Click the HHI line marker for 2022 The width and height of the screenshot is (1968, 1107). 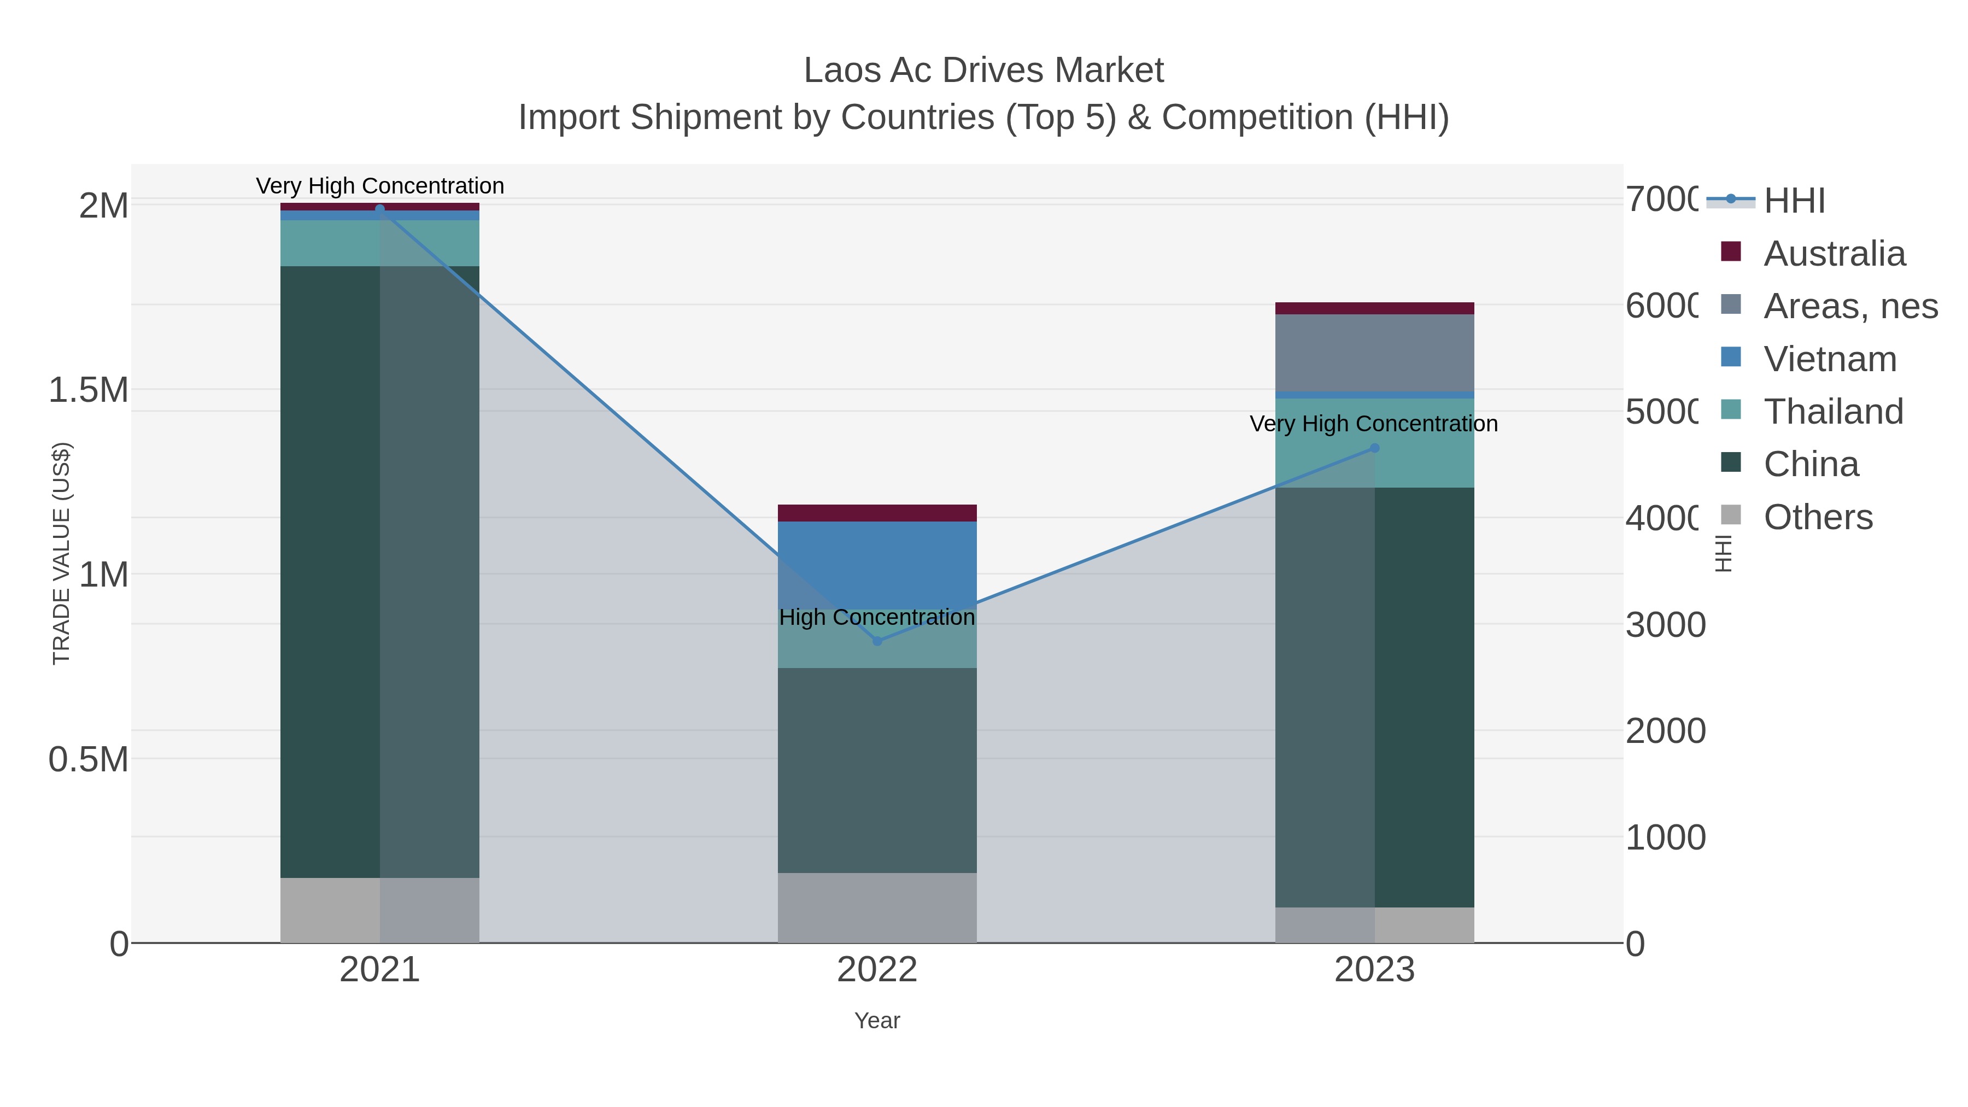pyautogui.click(x=877, y=641)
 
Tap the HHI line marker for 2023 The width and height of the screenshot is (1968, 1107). pyautogui.click(x=1374, y=448)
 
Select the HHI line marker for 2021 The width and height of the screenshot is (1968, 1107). pyautogui.click(x=380, y=209)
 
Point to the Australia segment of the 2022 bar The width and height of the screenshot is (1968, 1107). pyautogui.click(x=877, y=513)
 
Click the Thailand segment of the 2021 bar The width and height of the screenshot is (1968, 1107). pyautogui.click(x=380, y=243)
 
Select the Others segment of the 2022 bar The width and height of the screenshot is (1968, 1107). pyautogui.click(x=877, y=907)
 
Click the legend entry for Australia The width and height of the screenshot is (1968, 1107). pyautogui.click(x=1834, y=254)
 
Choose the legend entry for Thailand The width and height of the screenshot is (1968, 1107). pyautogui.click(x=1833, y=412)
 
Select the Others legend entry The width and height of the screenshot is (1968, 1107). pyautogui.click(x=1818, y=517)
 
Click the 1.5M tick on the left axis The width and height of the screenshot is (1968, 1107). pyautogui.click(x=88, y=390)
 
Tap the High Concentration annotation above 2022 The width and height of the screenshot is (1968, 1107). pyautogui.click(x=877, y=617)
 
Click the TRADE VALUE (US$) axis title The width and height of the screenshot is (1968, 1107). pyautogui.click(x=61, y=553)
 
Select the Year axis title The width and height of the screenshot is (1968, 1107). pyautogui.click(x=877, y=1021)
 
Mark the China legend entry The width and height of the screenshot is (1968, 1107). pyautogui.click(x=1811, y=465)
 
